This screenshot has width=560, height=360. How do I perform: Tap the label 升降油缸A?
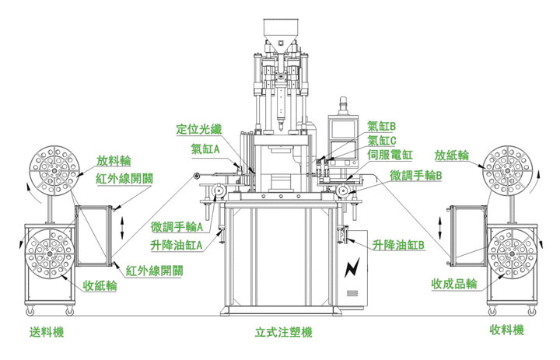[x=177, y=245]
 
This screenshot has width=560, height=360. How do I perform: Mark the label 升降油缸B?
[x=398, y=245]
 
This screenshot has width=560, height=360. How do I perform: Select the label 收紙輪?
[x=100, y=286]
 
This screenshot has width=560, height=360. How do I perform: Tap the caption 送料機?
[x=47, y=332]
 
